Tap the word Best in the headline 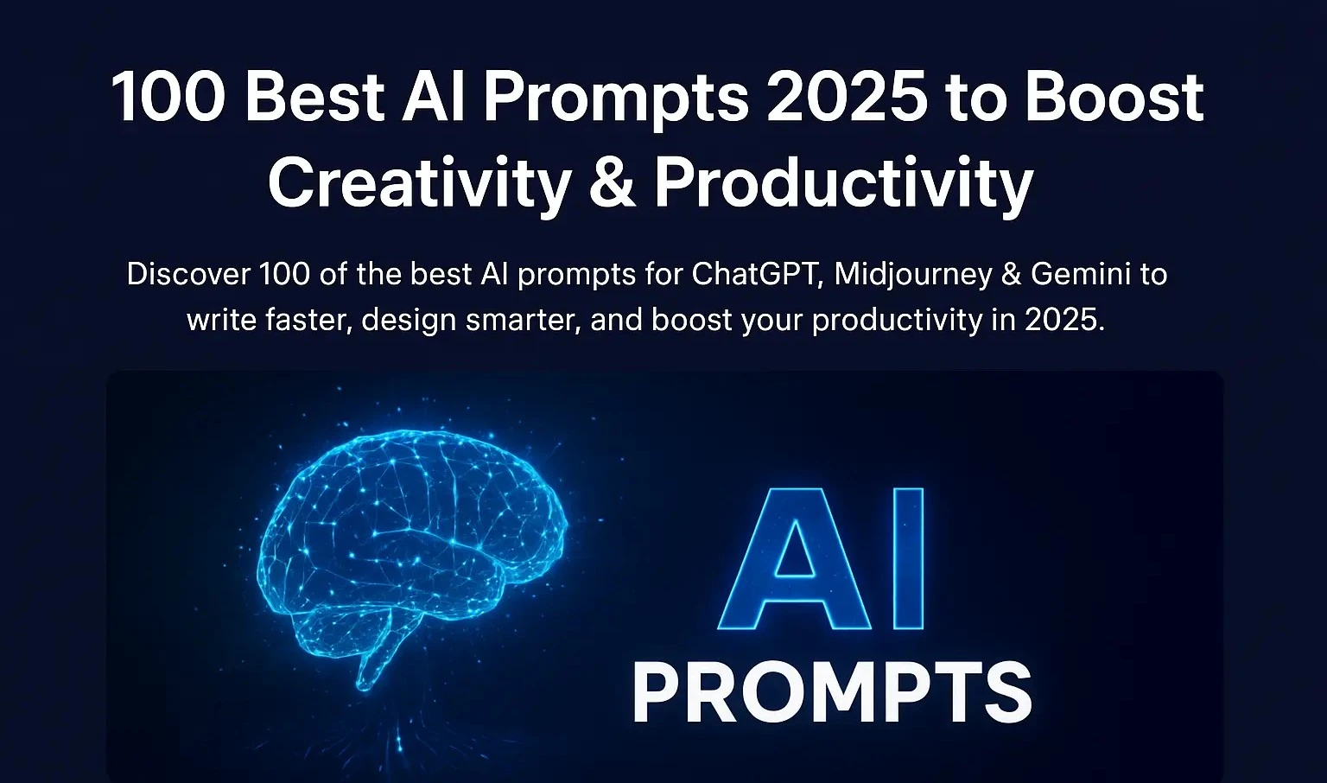pos(314,97)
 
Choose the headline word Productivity pos(843,184)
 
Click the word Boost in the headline pos(1114,97)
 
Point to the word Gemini pos(1081,275)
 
